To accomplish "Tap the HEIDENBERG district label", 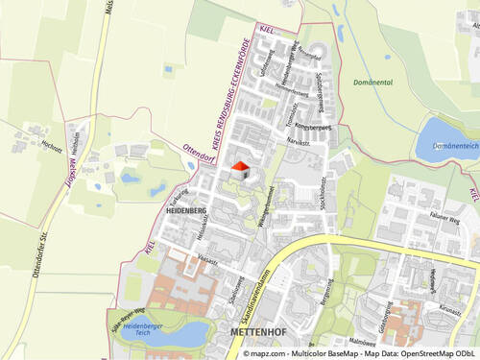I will (186, 208).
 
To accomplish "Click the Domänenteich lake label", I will (456, 146).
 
